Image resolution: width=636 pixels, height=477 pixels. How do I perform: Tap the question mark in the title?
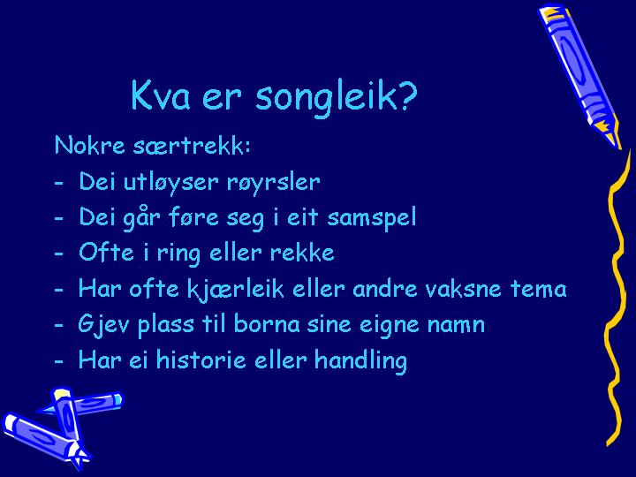click(x=407, y=95)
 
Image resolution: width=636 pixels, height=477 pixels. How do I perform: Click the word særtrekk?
click(x=192, y=145)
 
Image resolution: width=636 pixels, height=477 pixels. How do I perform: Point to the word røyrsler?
click(x=273, y=183)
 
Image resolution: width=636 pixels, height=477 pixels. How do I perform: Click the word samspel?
click(x=372, y=217)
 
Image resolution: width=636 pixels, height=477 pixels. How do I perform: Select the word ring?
click(x=178, y=254)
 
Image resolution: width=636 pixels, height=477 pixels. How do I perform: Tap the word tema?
click(x=538, y=289)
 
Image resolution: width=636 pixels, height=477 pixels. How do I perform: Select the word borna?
click(x=267, y=324)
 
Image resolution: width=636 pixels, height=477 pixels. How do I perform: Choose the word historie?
click(x=201, y=360)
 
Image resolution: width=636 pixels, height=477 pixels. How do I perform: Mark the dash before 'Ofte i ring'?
click(x=59, y=254)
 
